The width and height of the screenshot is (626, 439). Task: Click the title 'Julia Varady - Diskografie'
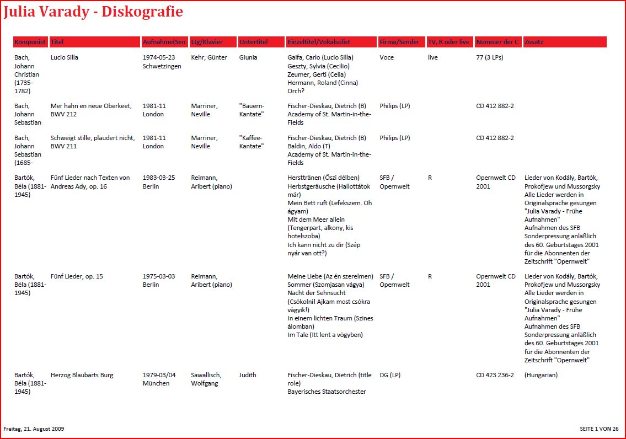pyautogui.click(x=93, y=12)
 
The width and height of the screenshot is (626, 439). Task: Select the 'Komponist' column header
pyautogui.click(x=30, y=42)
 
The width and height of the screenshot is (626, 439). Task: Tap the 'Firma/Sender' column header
pyautogui.click(x=399, y=42)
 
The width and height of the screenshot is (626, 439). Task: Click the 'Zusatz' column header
pyautogui.click(x=533, y=42)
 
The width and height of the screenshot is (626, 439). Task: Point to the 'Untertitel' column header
pyautogui.click(x=253, y=42)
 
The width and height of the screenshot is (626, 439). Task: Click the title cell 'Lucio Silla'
pyautogui.click(x=64, y=57)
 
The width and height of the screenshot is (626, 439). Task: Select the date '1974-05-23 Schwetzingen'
pyautogui.click(x=162, y=62)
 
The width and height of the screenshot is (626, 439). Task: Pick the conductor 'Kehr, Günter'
pyautogui.click(x=209, y=57)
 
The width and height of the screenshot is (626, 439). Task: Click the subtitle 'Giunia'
pyautogui.click(x=248, y=57)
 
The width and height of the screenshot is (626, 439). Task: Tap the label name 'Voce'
pyautogui.click(x=387, y=57)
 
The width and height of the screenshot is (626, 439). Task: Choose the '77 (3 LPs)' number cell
pyautogui.click(x=489, y=57)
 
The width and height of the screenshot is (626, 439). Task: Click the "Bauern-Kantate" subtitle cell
pyautogui.click(x=252, y=110)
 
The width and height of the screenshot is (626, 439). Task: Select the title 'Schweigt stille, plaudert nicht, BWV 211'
pyautogui.click(x=93, y=142)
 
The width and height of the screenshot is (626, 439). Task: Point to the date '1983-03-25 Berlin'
pyautogui.click(x=159, y=182)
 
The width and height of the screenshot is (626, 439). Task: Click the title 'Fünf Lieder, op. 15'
pyautogui.click(x=77, y=276)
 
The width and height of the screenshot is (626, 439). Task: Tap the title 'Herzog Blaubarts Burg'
pyautogui.click(x=82, y=375)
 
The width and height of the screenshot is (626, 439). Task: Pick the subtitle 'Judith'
pyautogui.click(x=248, y=375)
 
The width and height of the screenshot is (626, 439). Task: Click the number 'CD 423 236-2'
pyautogui.click(x=495, y=375)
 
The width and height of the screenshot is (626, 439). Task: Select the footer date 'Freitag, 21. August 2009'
pyautogui.click(x=34, y=429)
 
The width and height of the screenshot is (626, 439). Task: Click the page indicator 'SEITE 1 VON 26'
pyautogui.click(x=599, y=429)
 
